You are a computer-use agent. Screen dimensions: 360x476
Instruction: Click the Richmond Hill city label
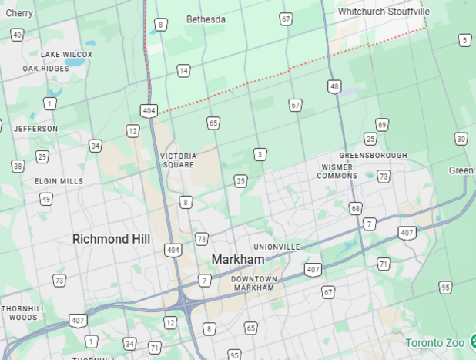(111, 239)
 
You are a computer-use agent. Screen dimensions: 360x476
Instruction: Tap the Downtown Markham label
(253, 283)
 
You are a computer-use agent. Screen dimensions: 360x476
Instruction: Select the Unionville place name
(277, 247)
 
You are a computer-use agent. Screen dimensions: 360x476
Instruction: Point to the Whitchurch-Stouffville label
(384, 12)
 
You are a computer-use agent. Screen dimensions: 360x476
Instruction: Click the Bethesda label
(206, 19)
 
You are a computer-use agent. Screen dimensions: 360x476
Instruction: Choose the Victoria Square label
(179, 160)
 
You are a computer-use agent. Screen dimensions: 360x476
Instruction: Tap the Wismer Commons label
(337, 171)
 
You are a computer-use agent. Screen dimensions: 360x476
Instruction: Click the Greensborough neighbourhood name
(373, 155)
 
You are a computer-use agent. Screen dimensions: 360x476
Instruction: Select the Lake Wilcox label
(66, 55)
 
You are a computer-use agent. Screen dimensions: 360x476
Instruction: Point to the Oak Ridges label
(45, 69)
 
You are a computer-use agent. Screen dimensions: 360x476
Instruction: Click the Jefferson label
(35, 129)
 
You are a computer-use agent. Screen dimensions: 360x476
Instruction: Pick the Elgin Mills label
(59, 181)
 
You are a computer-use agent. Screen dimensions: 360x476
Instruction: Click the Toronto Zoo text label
(435, 342)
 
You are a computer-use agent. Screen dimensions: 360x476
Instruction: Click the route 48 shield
(334, 86)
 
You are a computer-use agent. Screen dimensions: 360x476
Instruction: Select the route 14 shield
(183, 71)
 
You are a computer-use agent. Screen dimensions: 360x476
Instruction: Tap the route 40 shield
(17, 35)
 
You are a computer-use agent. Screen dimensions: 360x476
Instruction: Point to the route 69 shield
(382, 125)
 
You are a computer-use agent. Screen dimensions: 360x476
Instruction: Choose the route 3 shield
(260, 155)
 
